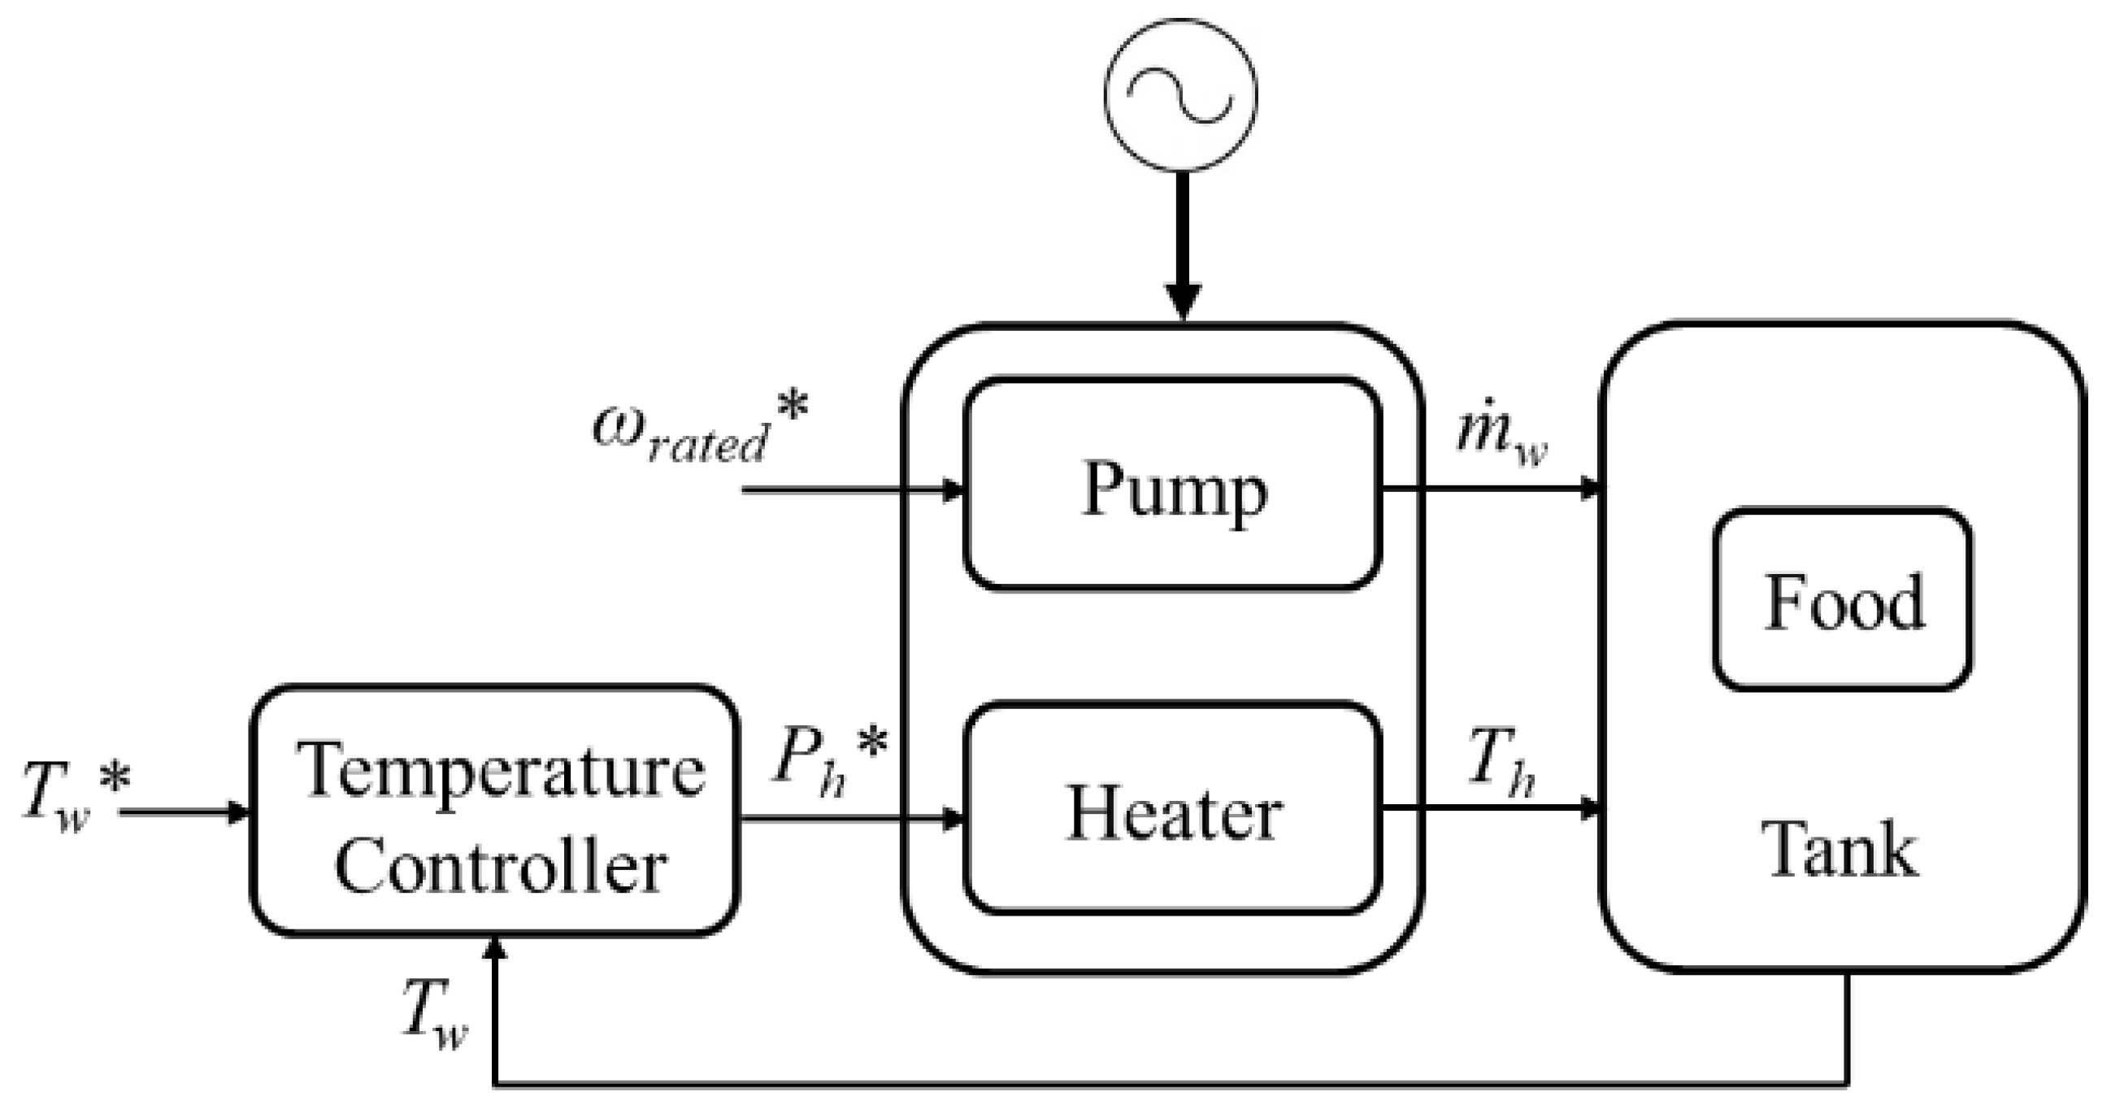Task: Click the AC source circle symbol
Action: tap(1180, 95)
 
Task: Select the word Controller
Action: tap(500, 867)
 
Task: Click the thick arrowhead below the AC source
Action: tap(1183, 302)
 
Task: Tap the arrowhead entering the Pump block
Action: tap(953, 490)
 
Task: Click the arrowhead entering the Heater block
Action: tap(953, 818)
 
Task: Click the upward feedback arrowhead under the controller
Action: tap(496, 949)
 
